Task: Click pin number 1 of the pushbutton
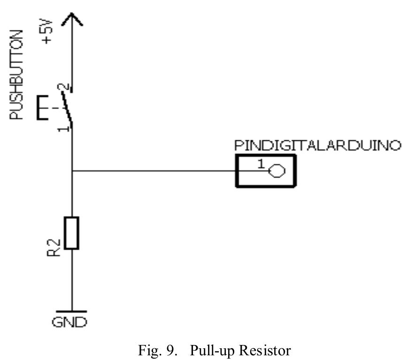point(63,127)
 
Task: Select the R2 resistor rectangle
point(72,233)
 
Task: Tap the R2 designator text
point(55,247)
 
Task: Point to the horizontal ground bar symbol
point(71,311)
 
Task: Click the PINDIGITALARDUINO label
point(318,146)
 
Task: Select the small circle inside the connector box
point(277,172)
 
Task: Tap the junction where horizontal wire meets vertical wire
point(72,171)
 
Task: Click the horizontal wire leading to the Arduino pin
point(155,171)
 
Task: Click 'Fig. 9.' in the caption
point(155,350)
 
